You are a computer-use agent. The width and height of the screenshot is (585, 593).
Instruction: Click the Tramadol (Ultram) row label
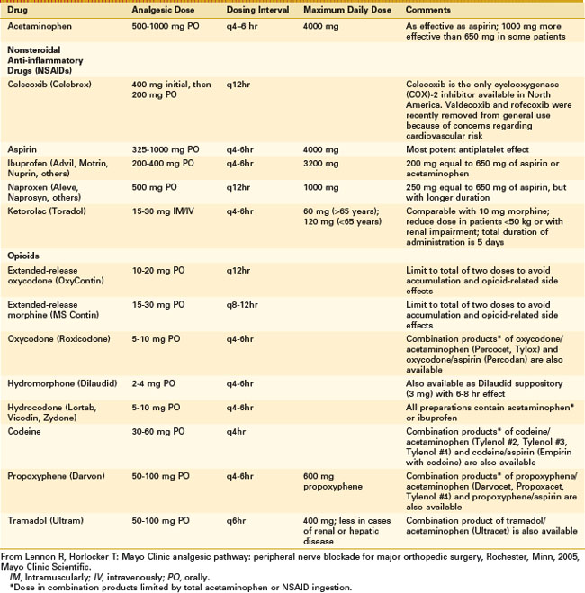tap(45, 520)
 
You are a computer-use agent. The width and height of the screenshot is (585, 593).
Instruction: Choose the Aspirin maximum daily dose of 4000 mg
tap(319, 148)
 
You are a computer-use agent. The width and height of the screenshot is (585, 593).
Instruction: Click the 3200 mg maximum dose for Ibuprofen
tap(319, 164)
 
